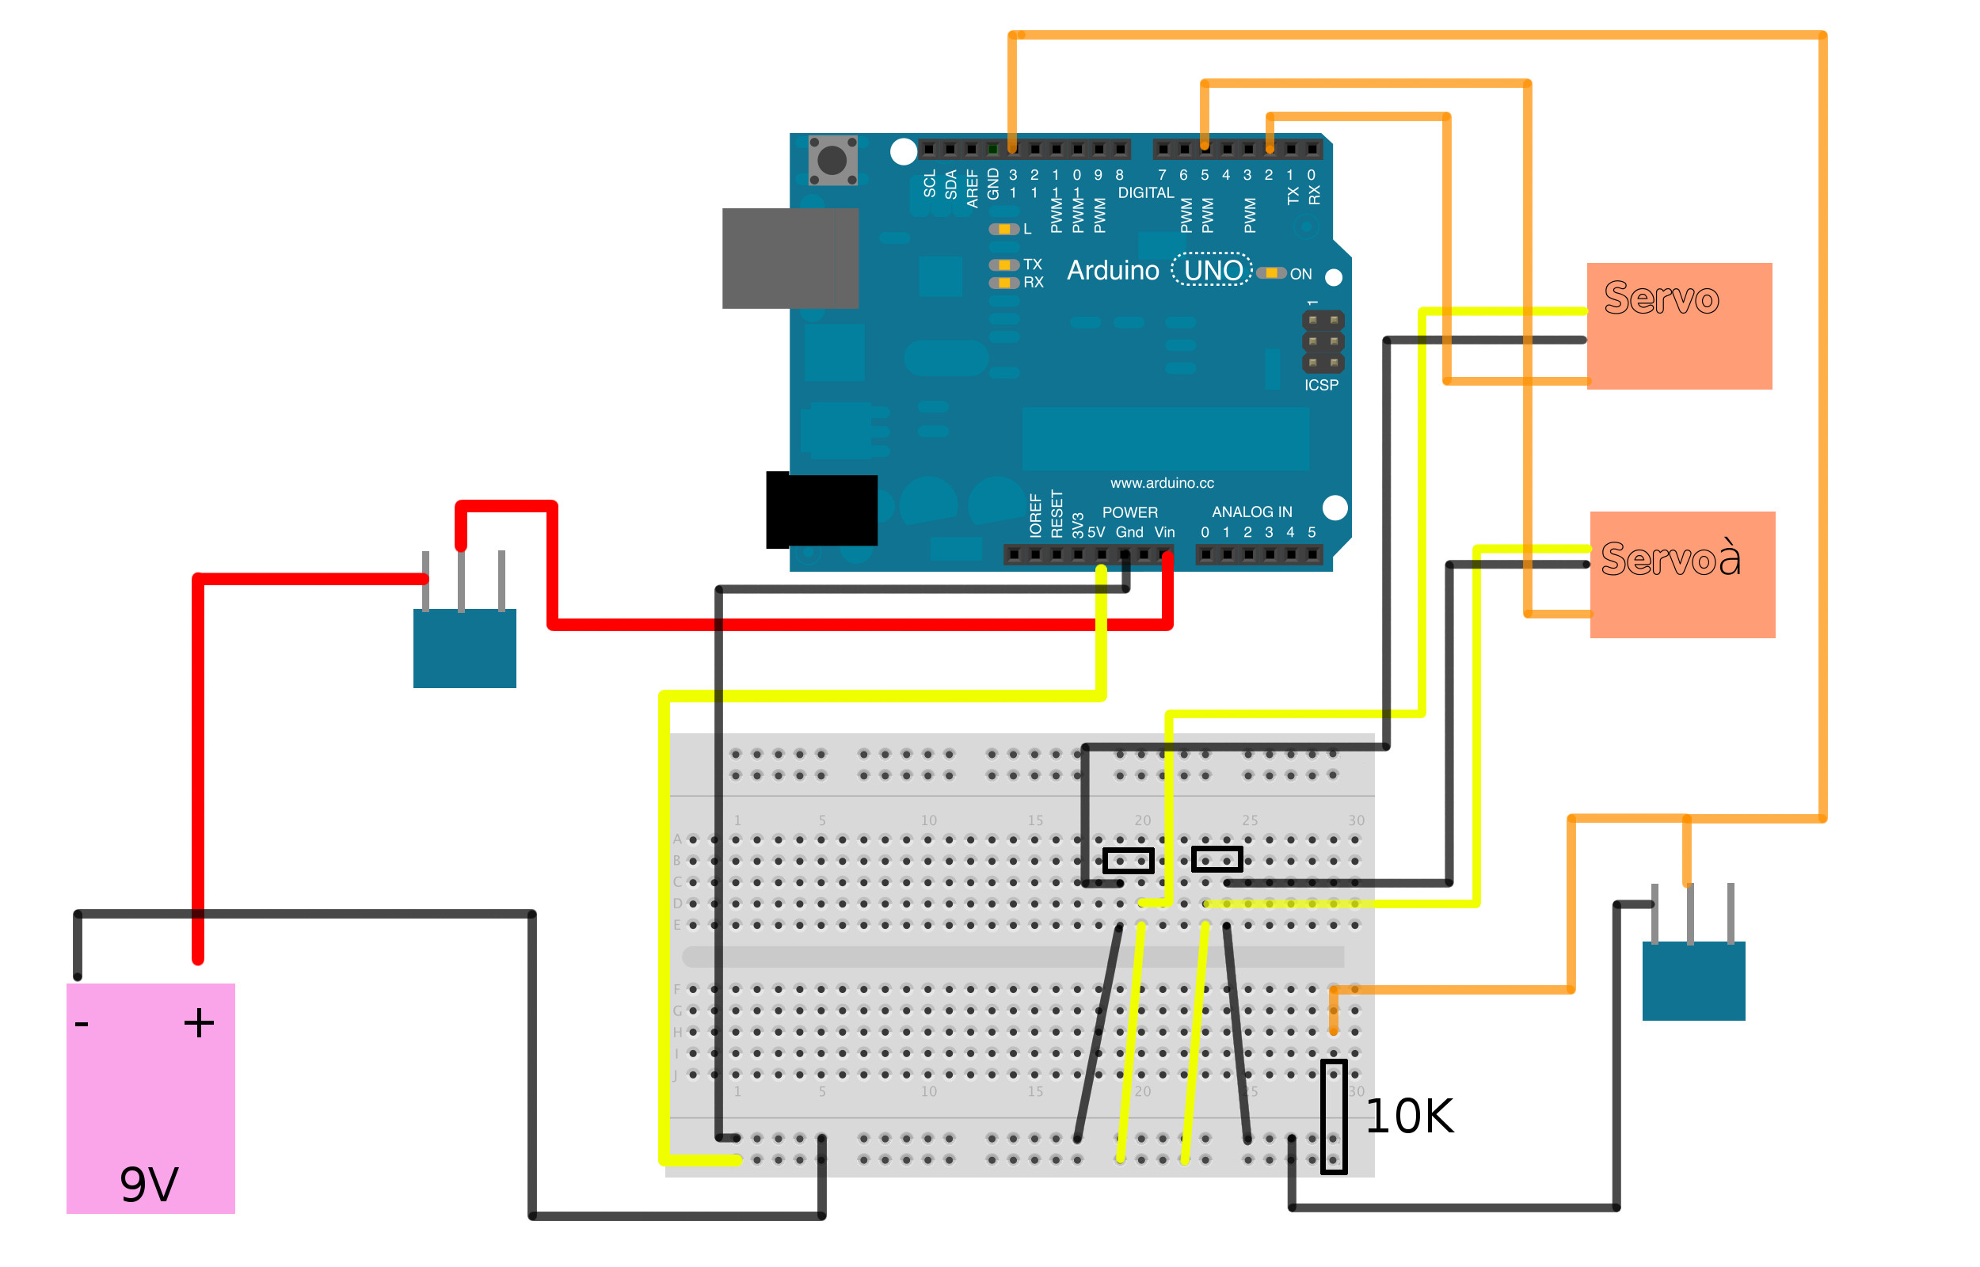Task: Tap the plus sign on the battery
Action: point(199,1023)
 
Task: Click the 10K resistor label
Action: point(1409,1117)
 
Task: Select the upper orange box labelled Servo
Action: point(1679,326)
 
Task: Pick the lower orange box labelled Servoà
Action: point(1682,575)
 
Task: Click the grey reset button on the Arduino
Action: point(832,161)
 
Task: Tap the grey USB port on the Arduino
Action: point(790,258)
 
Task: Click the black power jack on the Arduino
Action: point(821,510)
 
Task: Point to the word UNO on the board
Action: point(1213,270)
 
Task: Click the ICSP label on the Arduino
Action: point(1321,385)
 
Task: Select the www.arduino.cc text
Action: point(1162,483)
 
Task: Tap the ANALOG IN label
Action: point(1252,512)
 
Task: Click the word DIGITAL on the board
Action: point(1145,192)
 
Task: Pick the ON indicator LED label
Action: point(1300,274)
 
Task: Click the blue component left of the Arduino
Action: point(465,648)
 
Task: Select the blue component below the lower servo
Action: point(1693,980)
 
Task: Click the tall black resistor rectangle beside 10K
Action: point(1334,1117)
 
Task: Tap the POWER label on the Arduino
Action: point(1129,512)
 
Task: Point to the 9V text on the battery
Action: point(149,1185)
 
